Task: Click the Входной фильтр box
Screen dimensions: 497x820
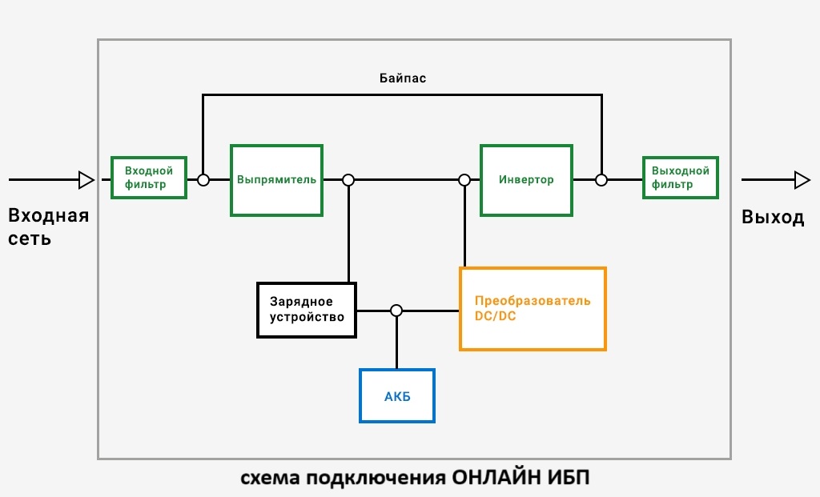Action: point(149,178)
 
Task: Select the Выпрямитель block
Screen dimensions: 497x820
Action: point(276,180)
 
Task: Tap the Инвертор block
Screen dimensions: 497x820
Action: point(526,180)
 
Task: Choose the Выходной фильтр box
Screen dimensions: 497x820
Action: point(681,178)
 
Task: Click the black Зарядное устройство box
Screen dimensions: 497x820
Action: point(307,310)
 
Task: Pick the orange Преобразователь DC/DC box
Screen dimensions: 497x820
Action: point(533,308)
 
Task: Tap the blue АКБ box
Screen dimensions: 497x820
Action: point(397,395)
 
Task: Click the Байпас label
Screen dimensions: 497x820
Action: point(403,78)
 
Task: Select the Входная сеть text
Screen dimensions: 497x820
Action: point(48,226)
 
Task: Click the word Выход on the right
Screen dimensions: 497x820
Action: point(773,217)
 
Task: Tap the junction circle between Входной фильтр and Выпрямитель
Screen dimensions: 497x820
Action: point(203,180)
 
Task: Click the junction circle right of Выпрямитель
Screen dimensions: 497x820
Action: point(348,180)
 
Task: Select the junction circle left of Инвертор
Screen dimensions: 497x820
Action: point(464,180)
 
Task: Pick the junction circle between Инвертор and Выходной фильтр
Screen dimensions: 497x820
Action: point(601,180)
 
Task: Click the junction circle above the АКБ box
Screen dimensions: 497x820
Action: point(396,311)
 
